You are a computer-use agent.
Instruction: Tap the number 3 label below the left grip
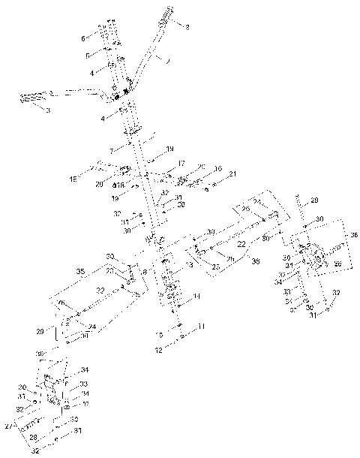pos(47,110)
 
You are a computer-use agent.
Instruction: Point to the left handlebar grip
pos(34,98)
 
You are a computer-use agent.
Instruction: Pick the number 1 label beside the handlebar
pos(167,60)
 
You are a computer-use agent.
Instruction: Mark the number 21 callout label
pos(233,175)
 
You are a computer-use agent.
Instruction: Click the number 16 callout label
pos(218,169)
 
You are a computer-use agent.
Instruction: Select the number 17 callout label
pos(181,163)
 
